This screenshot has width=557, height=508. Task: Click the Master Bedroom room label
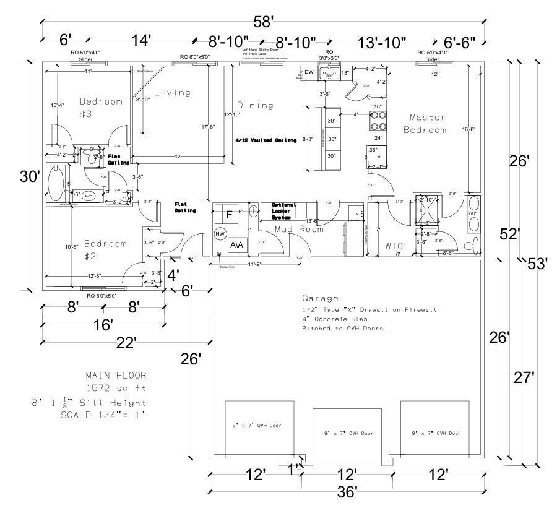coord(425,124)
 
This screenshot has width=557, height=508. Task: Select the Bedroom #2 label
coord(106,249)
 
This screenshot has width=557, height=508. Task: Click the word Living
coord(172,93)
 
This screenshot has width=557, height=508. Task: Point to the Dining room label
coord(256,105)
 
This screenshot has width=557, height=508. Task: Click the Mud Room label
coord(300,229)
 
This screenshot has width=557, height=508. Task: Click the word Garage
coord(320,298)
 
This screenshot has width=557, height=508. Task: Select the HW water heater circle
coord(220,234)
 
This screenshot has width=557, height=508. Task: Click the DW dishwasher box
coord(309,72)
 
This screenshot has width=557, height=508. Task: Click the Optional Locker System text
coord(284,211)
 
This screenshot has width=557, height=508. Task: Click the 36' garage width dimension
coord(347,493)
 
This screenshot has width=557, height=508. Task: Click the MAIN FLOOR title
coord(116,376)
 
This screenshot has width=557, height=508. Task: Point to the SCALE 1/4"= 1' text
coord(103,415)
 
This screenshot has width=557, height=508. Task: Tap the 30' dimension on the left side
coord(30,176)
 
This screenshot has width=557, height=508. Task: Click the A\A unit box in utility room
coord(236,244)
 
